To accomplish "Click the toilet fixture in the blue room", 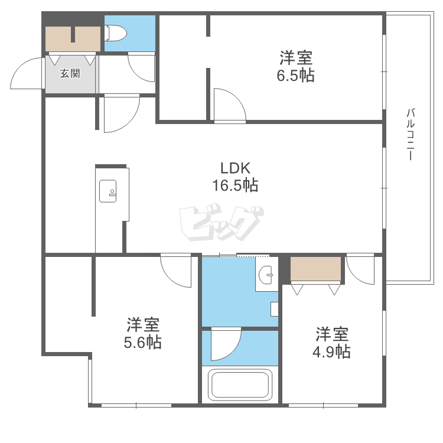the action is click(116, 33).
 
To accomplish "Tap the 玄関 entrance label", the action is click(70, 73).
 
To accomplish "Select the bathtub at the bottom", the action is click(240, 385).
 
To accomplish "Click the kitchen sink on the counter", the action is click(108, 191).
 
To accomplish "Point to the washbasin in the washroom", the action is click(266, 275).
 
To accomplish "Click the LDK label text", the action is click(235, 168).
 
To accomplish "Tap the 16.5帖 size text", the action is click(235, 185).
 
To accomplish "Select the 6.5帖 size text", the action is click(295, 76).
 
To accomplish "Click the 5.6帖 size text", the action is click(143, 342).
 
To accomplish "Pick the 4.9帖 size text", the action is click(331, 352).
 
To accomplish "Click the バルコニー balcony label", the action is click(411, 134).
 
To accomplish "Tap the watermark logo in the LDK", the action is click(221, 223).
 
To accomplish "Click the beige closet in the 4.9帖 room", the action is click(315, 268).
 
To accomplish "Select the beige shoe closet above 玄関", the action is click(73, 39).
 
